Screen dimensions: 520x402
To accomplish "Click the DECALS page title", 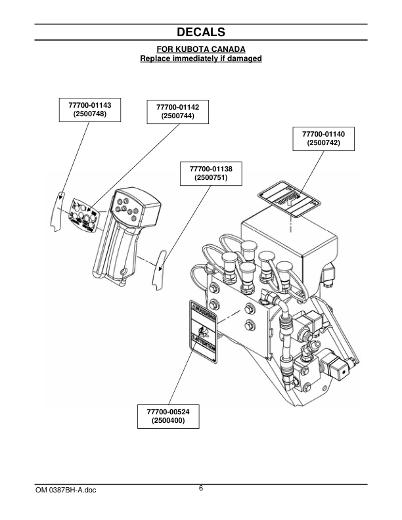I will point(201,32).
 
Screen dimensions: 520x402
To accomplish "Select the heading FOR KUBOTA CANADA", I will point(201,49).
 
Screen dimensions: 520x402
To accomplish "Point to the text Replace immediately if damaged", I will point(201,58).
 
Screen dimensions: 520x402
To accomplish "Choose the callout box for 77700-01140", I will point(323,139).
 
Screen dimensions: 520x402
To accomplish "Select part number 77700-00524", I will point(167,412).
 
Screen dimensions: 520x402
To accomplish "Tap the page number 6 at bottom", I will point(201,488).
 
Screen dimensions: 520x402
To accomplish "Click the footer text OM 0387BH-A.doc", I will point(66,490).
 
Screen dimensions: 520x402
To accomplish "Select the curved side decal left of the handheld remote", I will point(57,211).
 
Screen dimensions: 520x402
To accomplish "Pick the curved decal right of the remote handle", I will point(158,270).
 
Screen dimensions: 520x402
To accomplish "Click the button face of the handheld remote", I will point(127,209).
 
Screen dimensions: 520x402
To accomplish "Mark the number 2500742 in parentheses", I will point(323,143).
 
